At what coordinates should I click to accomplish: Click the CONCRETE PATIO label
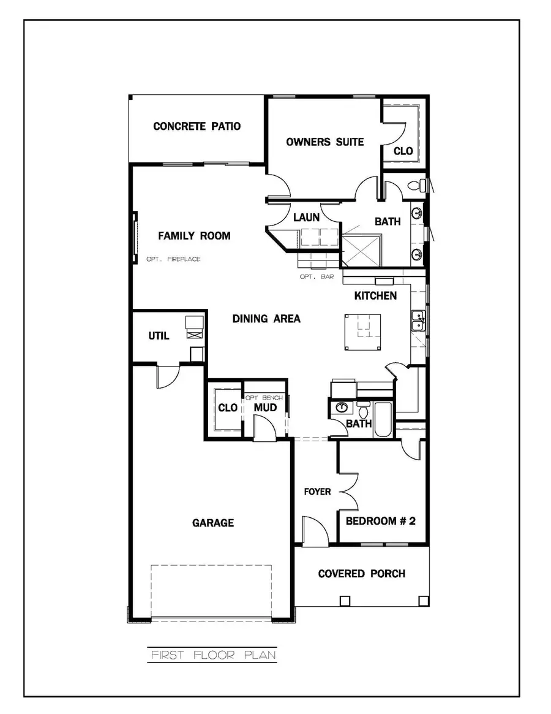(197, 127)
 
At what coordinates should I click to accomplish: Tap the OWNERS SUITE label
(325, 142)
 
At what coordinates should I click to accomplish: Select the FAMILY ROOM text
(194, 235)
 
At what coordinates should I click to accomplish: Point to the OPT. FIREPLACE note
(173, 259)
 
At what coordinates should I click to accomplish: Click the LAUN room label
(306, 217)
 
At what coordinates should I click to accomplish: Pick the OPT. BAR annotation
(317, 277)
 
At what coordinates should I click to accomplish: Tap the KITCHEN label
(375, 296)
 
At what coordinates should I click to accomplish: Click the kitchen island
(363, 332)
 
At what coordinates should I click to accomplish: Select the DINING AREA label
(266, 319)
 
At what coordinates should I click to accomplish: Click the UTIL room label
(159, 336)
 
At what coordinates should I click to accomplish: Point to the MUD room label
(265, 408)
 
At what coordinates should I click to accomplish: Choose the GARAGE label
(213, 523)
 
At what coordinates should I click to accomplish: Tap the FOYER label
(318, 492)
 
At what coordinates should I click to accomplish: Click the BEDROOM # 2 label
(381, 522)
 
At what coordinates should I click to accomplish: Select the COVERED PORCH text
(361, 574)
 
